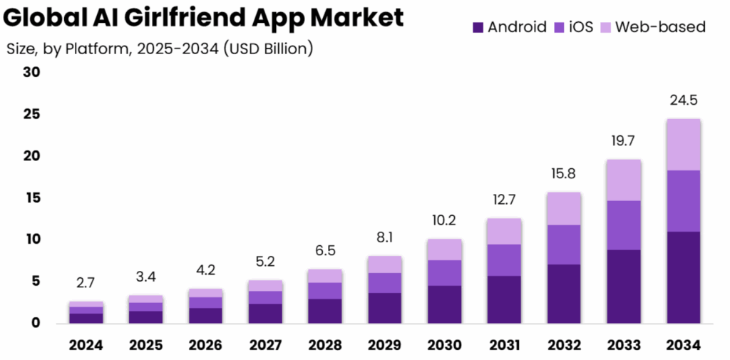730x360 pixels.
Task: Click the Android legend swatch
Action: [x=478, y=28]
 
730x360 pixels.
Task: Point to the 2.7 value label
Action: [x=86, y=283]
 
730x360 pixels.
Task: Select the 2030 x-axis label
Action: [x=445, y=345]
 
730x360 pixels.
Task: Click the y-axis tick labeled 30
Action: [x=31, y=72]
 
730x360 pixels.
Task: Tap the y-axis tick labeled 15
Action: [x=31, y=197]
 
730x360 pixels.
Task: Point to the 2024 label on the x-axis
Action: [x=86, y=345]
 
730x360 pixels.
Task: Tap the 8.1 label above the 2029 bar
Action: [x=385, y=238]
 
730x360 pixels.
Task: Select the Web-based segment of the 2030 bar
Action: [x=445, y=250]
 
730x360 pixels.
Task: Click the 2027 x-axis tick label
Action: [x=265, y=345]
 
